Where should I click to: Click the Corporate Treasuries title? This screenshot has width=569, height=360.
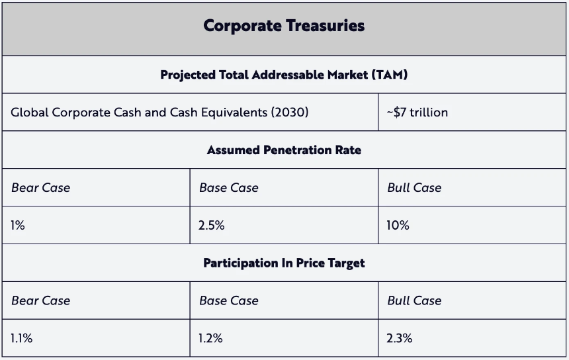coord(284,26)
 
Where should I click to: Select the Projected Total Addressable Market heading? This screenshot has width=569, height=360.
coord(284,75)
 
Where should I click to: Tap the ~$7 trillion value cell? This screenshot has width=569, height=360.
coord(417,112)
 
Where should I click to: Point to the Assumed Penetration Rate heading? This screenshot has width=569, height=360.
coord(284,150)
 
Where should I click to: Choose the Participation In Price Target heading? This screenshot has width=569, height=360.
coord(284,263)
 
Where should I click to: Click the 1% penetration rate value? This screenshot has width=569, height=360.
coord(18,226)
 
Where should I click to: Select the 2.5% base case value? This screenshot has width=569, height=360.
coord(211,226)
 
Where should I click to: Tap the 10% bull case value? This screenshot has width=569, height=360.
coord(398,226)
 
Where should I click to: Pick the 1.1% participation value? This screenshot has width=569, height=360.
coord(21,338)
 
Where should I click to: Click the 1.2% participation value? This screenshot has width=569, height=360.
coord(210,338)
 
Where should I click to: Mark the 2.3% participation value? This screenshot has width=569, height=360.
coord(400,338)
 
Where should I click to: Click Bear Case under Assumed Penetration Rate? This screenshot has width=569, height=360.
coord(40,188)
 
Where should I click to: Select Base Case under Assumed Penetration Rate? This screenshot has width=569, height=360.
coord(228,188)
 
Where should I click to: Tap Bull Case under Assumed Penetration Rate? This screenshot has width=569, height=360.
coord(414,188)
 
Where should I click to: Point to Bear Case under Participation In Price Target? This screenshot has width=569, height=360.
coord(40,300)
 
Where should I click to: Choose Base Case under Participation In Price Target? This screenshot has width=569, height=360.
coord(228,300)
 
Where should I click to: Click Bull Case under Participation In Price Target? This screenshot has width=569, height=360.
coord(414,300)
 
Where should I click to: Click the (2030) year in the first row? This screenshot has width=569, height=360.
coord(290,112)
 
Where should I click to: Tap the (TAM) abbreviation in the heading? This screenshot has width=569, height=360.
coord(390,75)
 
